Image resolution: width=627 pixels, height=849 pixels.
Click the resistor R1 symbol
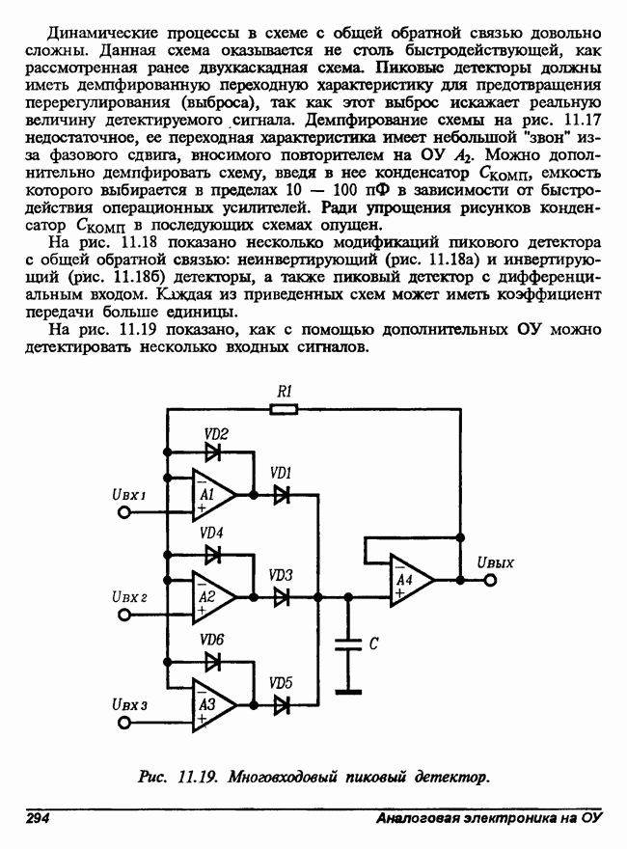click(x=283, y=409)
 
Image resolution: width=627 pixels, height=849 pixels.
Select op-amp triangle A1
click(x=212, y=494)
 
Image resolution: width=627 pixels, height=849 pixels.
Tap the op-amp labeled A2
click(x=212, y=597)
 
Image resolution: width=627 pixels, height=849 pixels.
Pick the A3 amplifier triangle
click(x=212, y=704)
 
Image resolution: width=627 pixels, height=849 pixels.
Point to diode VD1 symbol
click(x=282, y=494)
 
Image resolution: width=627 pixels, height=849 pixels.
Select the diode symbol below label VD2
click(x=212, y=451)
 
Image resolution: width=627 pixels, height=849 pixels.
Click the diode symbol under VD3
click(x=282, y=597)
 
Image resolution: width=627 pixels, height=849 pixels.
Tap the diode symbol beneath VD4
click(x=212, y=554)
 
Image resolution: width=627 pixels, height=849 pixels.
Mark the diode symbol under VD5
click(x=282, y=705)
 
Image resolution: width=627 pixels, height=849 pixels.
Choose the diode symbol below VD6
click(x=212, y=660)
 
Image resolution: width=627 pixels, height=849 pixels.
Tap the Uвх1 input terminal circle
click(x=124, y=511)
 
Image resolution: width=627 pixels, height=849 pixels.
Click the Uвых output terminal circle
click(x=492, y=581)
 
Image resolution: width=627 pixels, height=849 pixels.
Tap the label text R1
click(x=284, y=391)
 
